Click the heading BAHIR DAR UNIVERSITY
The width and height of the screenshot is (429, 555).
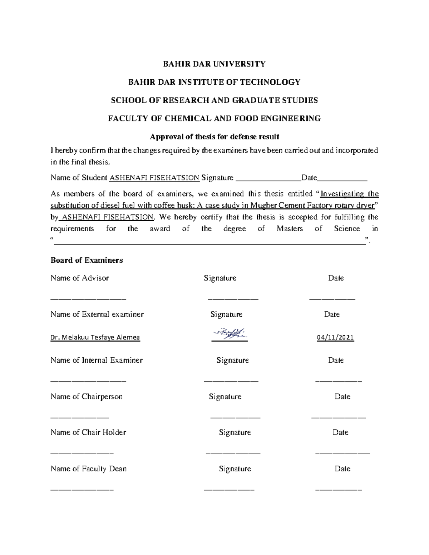coord(214,64)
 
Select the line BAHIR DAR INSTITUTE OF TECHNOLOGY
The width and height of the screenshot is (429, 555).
coord(214,82)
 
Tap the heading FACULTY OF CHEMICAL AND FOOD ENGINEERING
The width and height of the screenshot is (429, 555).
coord(214,119)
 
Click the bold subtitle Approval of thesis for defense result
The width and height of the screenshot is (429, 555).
coord(214,137)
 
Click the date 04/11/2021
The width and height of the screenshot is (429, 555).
coord(335,337)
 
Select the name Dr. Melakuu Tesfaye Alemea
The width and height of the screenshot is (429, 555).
coord(95,337)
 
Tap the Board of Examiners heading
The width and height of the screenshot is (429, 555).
coord(87,260)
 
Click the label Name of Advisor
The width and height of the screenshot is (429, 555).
coord(80,278)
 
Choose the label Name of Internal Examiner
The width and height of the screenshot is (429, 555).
coord(97,360)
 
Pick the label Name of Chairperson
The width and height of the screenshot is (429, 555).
coord(87,397)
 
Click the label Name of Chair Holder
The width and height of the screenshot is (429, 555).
coord(88,432)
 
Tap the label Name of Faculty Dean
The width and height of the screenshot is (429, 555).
coord(89,469)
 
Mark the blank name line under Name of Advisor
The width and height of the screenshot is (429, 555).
coord(88,298)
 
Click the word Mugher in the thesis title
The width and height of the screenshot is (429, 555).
coord(263,205)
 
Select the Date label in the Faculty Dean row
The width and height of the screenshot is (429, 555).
coord(342,469)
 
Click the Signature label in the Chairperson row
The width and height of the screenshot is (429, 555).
coord(225,397)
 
